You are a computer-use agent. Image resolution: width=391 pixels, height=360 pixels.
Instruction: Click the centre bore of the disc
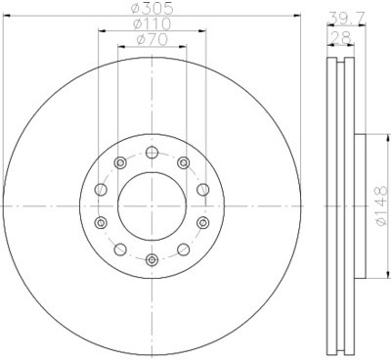coord(152,205)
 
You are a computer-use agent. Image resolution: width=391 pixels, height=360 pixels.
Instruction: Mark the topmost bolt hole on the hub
coord(152,152)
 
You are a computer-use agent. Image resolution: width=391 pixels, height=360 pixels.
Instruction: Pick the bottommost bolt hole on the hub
coord(152,259)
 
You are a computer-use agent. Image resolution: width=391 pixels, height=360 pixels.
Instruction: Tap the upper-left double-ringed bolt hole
coord(119,162)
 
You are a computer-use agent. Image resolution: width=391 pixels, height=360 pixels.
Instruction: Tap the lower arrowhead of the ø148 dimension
coord(365,276)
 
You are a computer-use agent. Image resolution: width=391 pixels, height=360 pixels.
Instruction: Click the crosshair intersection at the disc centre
coord(152,205)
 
